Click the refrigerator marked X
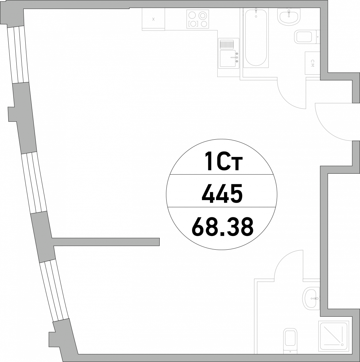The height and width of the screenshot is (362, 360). (x=153, y=19)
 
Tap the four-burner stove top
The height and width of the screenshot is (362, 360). (x=198, y=19)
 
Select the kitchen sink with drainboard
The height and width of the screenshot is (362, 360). (x=229, y=53)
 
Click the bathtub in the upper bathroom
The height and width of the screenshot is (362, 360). (x=256, y=37)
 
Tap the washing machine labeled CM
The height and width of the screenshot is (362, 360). (x=312, y=63)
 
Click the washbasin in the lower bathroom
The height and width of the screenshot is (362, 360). (x=311, y=298)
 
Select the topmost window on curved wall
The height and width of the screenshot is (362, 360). (x=18, y=54)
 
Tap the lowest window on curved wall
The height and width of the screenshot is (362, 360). (x=54, y=290)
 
